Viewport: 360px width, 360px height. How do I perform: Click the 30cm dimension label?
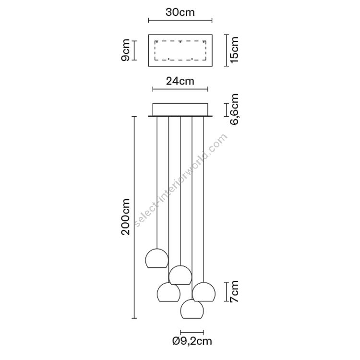coord(180,12)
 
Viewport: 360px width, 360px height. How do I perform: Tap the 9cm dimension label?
coord(125,50)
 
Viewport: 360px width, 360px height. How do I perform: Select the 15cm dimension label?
coord(234,49)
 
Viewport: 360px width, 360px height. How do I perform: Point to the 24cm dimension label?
coord(180,81)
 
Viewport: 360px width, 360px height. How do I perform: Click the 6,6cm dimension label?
coord(234,109)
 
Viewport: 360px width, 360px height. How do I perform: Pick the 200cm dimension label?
coord(125,217)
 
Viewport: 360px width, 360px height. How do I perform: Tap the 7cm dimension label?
coord(234,291)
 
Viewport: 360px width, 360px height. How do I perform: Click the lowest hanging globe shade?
coord(192,309)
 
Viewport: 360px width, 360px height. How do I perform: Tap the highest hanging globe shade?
coord(157,258)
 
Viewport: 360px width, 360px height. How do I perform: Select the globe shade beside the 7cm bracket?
coord(204,292)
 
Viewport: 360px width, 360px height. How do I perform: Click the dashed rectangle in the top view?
coord(180,50)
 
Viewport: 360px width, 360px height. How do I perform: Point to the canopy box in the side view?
coord(180,110)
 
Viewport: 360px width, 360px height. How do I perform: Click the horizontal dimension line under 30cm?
coord(180,21)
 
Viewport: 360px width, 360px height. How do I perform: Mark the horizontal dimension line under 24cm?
coord(180,89)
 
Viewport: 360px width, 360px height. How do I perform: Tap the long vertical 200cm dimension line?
coord(134,217)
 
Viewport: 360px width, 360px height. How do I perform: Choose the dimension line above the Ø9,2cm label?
coord(192,332)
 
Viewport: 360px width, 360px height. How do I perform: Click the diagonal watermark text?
coord(180,180)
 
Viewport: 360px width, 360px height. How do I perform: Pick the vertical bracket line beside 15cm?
coord(227,50)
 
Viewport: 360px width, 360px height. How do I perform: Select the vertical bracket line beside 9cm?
coord(134,50)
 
